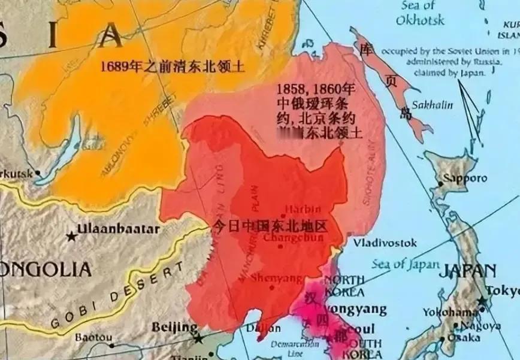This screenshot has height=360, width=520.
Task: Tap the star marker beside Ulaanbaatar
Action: click(x=73, y=236)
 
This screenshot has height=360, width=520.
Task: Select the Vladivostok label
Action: click(x=385, y=244)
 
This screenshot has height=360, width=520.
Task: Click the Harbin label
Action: click(x=303, y=210)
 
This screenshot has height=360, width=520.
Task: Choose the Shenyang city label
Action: click(x=277, y=279)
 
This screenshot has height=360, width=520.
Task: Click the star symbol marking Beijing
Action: click(x=198, y=338)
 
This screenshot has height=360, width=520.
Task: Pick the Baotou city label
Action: click(x=93, y=338)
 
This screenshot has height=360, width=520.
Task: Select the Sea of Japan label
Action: click(x=406, y=264)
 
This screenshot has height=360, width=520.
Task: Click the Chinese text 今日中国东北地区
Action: click(x=272, y=227)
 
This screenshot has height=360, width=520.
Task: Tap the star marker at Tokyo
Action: click(x=481, y=301)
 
